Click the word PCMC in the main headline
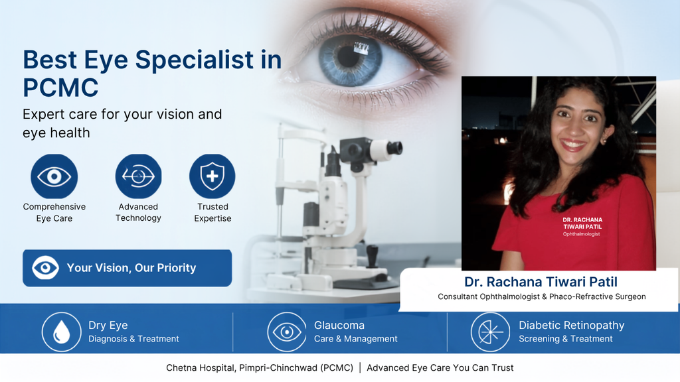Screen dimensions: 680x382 click(x=60, y=88)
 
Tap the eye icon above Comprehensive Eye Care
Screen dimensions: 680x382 click(x=54, y=176)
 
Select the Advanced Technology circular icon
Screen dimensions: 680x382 click(x=138, y=176)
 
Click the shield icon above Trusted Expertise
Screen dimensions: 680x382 click(x=212, y=176)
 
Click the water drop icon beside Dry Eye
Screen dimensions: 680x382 click(x=62, y=332)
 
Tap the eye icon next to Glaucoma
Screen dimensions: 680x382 click(x=287, y=332)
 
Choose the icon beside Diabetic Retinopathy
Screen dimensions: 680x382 click(x=490, y=332)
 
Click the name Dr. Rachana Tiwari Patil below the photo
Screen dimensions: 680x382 click(x=541, y=282)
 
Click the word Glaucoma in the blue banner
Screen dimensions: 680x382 click(x=339, y=325)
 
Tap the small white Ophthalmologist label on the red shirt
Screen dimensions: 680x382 click(x=581, y=234)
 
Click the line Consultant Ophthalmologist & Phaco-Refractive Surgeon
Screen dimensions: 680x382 click(x=542, y=296)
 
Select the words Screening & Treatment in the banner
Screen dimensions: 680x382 click(x=566, y=339)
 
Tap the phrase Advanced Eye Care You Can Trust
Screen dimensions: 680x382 click(x=440, y=367)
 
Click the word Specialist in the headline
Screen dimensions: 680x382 click(x=195, y=59)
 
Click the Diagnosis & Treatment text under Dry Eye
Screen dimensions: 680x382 click(x=133, y=339)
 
